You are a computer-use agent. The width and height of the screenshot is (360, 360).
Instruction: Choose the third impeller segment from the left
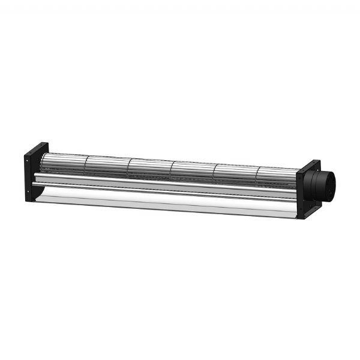point(151,167)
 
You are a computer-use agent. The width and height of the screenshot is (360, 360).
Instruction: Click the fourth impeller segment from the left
point(193,170)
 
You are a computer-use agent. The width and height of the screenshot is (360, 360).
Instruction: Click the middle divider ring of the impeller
point(172,169)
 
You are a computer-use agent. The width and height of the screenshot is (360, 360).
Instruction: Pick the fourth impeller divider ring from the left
point(214,171)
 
